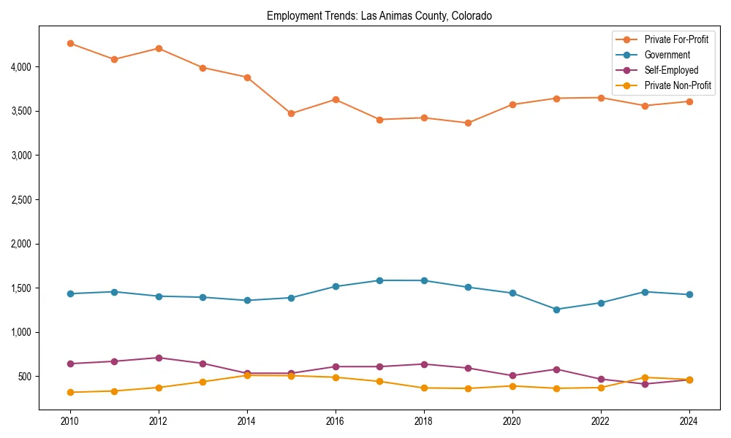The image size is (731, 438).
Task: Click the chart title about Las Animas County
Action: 379,15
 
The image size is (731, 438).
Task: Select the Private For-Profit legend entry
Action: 676,39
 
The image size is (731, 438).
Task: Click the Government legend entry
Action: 667,55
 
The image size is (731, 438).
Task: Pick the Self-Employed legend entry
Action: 671,70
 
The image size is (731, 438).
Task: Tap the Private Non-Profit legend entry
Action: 678,85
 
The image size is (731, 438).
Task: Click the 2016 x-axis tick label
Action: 336,421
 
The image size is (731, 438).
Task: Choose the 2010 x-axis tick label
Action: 70,421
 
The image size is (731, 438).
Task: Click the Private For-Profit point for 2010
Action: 70,44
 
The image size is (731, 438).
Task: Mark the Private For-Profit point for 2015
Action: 291,113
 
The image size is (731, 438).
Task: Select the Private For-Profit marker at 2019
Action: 468,123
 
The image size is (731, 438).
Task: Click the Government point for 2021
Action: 556,310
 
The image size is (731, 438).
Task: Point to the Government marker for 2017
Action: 379,280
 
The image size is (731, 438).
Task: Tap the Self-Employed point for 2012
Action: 159,358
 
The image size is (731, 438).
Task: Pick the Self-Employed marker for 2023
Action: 645,384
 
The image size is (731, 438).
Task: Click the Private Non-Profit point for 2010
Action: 70,392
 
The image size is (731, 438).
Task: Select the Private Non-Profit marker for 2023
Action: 645,377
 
